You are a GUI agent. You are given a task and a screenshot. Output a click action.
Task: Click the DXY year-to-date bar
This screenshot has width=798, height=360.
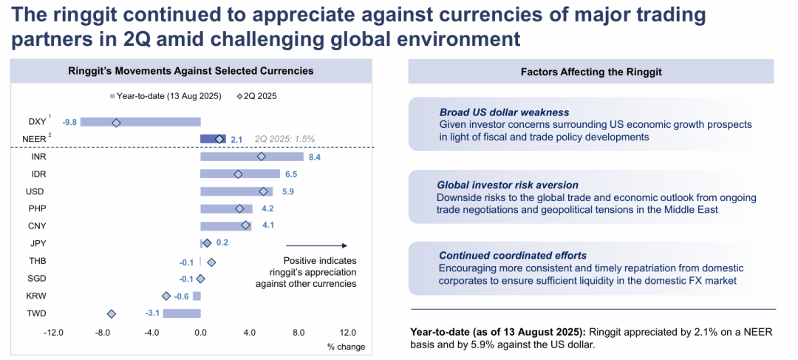click(x=140, y=122)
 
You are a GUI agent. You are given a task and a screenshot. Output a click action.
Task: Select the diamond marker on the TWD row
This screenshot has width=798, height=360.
click(x=112, y=313)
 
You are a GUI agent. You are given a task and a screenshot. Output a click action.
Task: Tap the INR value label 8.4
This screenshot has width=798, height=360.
click(x=313, y=157)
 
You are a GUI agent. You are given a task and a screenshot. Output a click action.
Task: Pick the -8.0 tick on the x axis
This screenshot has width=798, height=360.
click(x=102, y=333)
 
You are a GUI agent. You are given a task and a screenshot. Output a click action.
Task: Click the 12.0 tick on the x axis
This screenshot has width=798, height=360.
click(x=347, y=333)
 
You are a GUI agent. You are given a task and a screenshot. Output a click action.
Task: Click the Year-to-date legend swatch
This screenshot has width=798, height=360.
click(x=112, y=96)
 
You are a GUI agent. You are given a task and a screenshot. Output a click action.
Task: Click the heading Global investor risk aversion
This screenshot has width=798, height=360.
click(x=507, y=185)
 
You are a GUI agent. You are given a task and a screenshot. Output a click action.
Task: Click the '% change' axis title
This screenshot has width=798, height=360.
click(x=346, y=347)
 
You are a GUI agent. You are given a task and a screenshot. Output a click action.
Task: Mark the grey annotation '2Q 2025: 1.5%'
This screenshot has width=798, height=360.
click(x=284, y=139)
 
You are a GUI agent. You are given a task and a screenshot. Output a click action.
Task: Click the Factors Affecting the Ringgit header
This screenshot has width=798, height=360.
click(x=591, y=72)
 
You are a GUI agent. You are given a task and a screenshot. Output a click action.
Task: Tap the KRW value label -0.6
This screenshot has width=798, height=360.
click(x=182, y=296)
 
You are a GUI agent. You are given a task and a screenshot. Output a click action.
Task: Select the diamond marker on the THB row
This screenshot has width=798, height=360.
click(x=211, y=262)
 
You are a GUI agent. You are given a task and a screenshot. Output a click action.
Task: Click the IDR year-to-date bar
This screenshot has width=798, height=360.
click(x=239, y=174)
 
